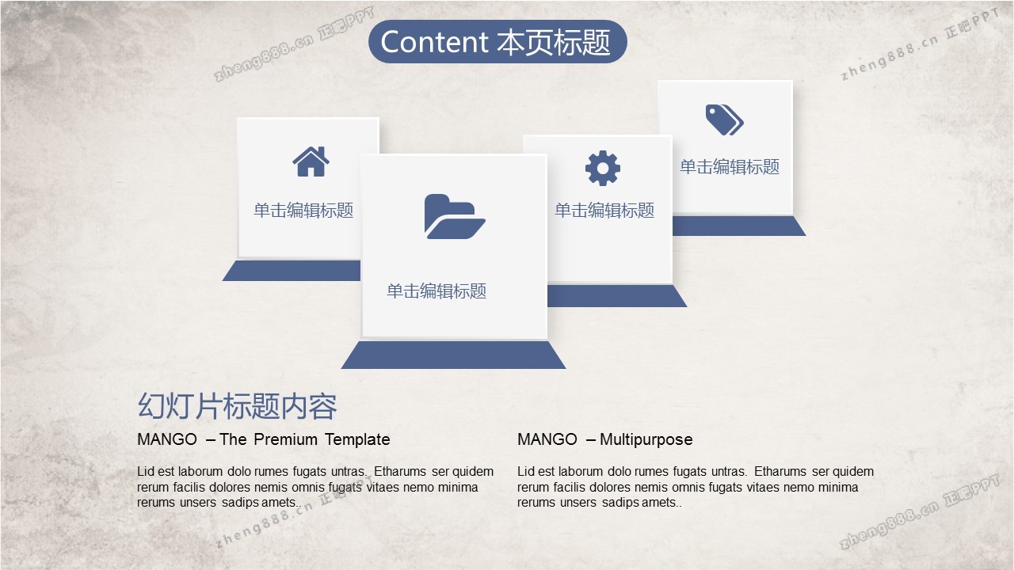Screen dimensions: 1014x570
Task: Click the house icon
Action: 311,161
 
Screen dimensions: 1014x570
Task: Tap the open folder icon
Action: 455,217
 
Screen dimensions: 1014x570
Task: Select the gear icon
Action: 603,168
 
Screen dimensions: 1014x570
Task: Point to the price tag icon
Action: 724,120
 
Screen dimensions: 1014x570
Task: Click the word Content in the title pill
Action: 433,42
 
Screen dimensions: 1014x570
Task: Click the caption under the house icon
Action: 303,211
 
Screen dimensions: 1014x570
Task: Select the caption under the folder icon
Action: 436,291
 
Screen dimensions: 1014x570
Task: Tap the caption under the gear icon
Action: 604,211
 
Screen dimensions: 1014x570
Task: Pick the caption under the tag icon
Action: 730,167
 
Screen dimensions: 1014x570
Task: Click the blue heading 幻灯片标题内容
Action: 237,406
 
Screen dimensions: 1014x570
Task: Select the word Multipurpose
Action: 646,439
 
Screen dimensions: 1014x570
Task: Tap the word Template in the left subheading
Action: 357,439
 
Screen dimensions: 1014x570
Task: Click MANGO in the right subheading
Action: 547,439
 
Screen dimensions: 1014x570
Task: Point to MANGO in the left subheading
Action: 167,439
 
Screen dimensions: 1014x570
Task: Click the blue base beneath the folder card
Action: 453,355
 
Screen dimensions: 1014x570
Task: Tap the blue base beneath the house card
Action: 292,271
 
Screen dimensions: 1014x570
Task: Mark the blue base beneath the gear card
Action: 617,296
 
